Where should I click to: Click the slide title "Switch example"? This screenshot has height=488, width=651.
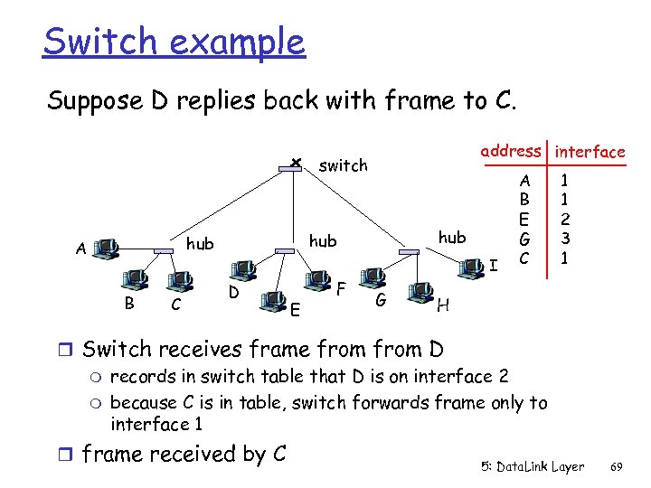click(x=174, y=42)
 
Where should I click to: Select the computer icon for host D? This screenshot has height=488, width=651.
click(x=243, y=268)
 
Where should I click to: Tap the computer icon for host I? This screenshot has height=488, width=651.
click(x=470, y=265)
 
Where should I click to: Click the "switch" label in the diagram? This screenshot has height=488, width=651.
click(x=344, y=165)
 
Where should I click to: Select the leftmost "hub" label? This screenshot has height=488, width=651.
click(x=200, y=243)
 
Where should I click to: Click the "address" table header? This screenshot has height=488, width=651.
click(x=511, y=151)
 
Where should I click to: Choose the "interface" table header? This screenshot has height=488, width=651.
click(x=590, y=152)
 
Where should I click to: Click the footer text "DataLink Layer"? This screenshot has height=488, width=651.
click(x=540, y=467)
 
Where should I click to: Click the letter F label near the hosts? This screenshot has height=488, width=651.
click(x=341, y=289)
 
